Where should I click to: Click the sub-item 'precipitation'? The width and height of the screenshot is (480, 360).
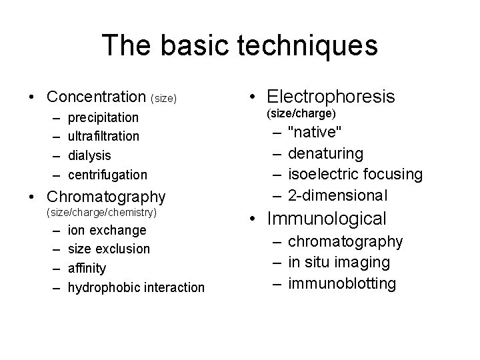103,118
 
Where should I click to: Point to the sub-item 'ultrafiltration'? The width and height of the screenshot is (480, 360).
104,137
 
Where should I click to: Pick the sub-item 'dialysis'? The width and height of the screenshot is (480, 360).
89,155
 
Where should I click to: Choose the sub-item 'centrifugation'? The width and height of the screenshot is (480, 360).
107,175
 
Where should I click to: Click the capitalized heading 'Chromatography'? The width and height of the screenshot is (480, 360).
105,197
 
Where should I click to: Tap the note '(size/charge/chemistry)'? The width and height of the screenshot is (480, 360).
101,213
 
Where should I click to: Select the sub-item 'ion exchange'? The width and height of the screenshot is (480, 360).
107,231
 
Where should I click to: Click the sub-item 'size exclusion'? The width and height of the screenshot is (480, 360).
109,249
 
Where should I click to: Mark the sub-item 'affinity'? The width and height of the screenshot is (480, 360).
87,268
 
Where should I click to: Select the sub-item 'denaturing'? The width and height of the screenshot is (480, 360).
326,154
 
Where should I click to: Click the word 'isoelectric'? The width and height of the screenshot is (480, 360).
323,175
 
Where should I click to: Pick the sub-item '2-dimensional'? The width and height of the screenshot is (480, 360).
337,195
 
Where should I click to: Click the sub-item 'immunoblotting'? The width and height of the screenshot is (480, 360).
342,283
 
